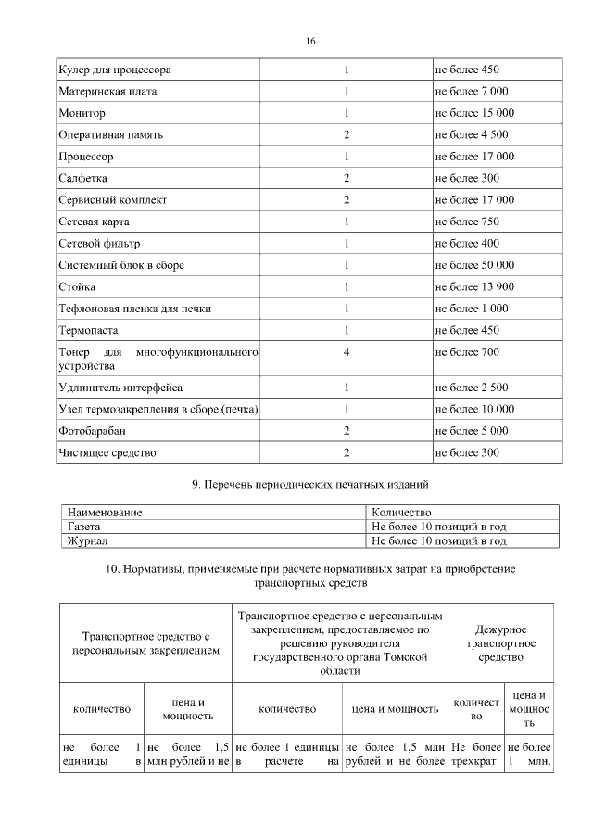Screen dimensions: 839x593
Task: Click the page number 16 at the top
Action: pos(310,41)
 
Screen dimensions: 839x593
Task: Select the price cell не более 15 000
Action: pos(473,113)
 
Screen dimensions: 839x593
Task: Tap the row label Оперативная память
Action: pos(111,135)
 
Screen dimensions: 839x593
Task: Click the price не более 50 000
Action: pos(473,265)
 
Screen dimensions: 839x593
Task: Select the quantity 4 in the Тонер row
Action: pos(346,352)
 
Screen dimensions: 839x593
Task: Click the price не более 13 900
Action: pos(473,286)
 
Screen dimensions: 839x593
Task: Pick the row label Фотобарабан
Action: pos(94,431)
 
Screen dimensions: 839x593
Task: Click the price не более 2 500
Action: pos(471,388)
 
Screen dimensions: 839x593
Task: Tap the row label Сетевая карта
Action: pos(99,222)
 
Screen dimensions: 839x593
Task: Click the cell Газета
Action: pos(84,526)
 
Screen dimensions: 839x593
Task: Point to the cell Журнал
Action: pos(87,540)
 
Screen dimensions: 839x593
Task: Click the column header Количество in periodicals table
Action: pos(401,512)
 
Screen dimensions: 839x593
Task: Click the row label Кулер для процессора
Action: pos(115,70)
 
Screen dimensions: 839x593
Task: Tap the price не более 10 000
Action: pos(473,410)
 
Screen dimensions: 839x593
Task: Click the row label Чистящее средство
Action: pos(107,452)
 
